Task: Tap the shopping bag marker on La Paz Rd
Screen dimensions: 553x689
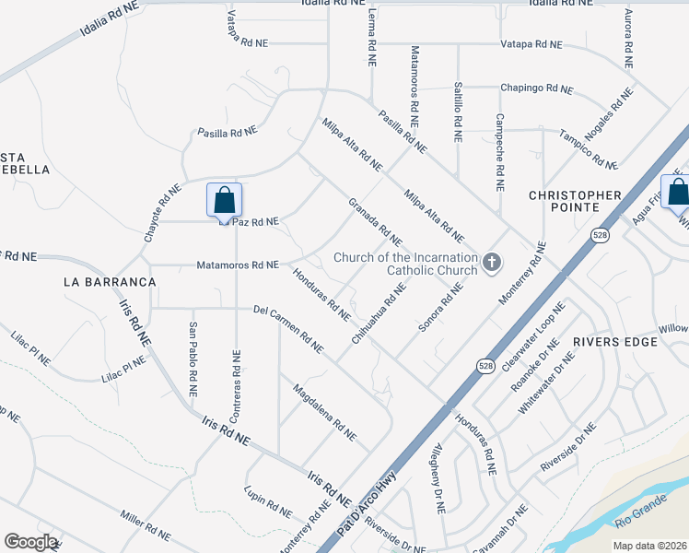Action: tap(224, 200)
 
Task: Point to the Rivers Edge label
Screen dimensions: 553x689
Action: tap(615, 342)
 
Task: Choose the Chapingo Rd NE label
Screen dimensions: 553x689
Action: tap(536, 89)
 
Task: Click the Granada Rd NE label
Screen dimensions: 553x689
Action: tap(375, 222)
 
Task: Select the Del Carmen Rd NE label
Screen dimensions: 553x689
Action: tap(288, 329)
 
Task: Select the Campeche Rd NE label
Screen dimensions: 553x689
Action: tap(499, 151)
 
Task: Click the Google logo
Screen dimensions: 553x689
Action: tap(30, 542)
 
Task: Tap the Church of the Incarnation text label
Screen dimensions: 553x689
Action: tap(406, 264)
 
